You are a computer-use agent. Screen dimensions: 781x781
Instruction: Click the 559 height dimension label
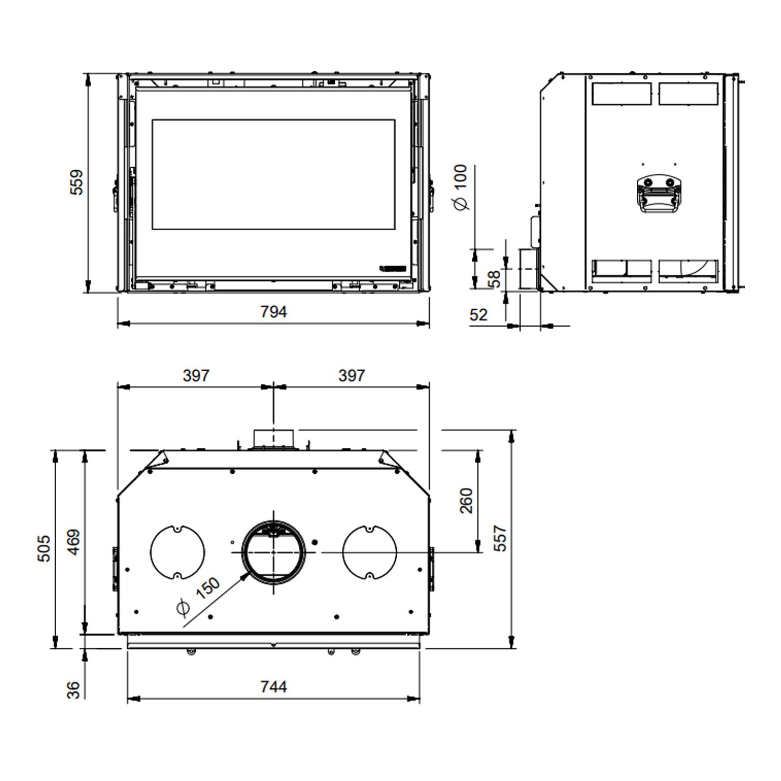point(76,182)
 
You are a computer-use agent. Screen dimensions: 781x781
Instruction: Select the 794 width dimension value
point(273,311)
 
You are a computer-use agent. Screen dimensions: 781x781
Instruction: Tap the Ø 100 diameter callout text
point(461,187)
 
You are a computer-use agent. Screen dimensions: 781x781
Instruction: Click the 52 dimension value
point(478,314)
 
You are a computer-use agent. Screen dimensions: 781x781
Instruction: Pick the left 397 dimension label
point(196,375)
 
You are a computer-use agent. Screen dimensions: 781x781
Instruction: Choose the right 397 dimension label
point(351,375)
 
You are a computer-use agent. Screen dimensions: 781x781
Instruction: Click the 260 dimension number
point(467,500)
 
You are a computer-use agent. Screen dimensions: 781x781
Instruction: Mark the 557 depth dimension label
point(499,538)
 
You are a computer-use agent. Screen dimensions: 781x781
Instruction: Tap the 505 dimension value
point(44,548)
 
